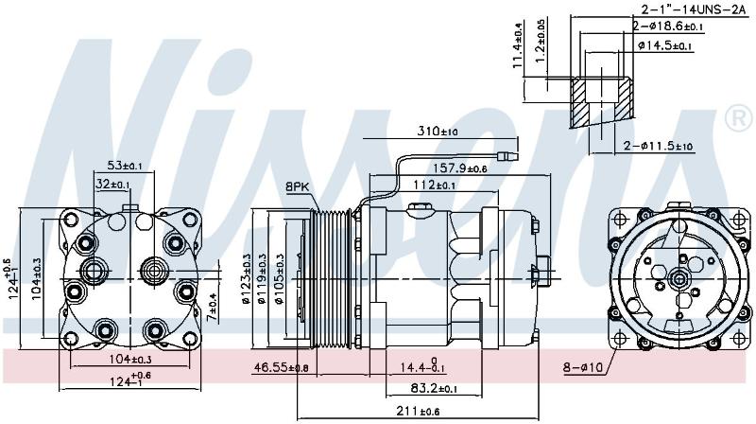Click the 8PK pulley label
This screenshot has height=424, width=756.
click(x=297, y=186)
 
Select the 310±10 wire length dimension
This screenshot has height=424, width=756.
click(x=438, y=131)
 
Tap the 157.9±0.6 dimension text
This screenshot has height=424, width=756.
click(x=459, y=168)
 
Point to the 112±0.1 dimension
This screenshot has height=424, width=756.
click(x=434, y=185)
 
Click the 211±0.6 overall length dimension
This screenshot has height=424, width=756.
click(x=418, y=412)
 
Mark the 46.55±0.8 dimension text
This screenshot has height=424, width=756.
click(x=281, y=368)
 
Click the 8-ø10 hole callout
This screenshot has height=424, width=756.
click(x=583, y=368)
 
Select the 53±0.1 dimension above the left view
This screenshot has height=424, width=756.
click(x=125, y=166)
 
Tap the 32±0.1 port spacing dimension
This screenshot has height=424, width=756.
click(x=112, y=184)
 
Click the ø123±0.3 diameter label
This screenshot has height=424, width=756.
click(x=248, y=278)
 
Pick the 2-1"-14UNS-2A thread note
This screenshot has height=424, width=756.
click(x=694, y=9)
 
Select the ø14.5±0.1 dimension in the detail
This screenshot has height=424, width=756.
click(x=665, y=45)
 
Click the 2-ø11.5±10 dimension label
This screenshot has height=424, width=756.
click(x=658, y=146)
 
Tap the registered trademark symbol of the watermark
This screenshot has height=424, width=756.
click(x=738, y=117)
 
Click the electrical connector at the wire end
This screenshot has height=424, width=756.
click(x=508, y=156)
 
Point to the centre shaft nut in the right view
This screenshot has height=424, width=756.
click(x=679, y=278)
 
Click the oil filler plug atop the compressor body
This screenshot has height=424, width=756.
click(x=421, y=209)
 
